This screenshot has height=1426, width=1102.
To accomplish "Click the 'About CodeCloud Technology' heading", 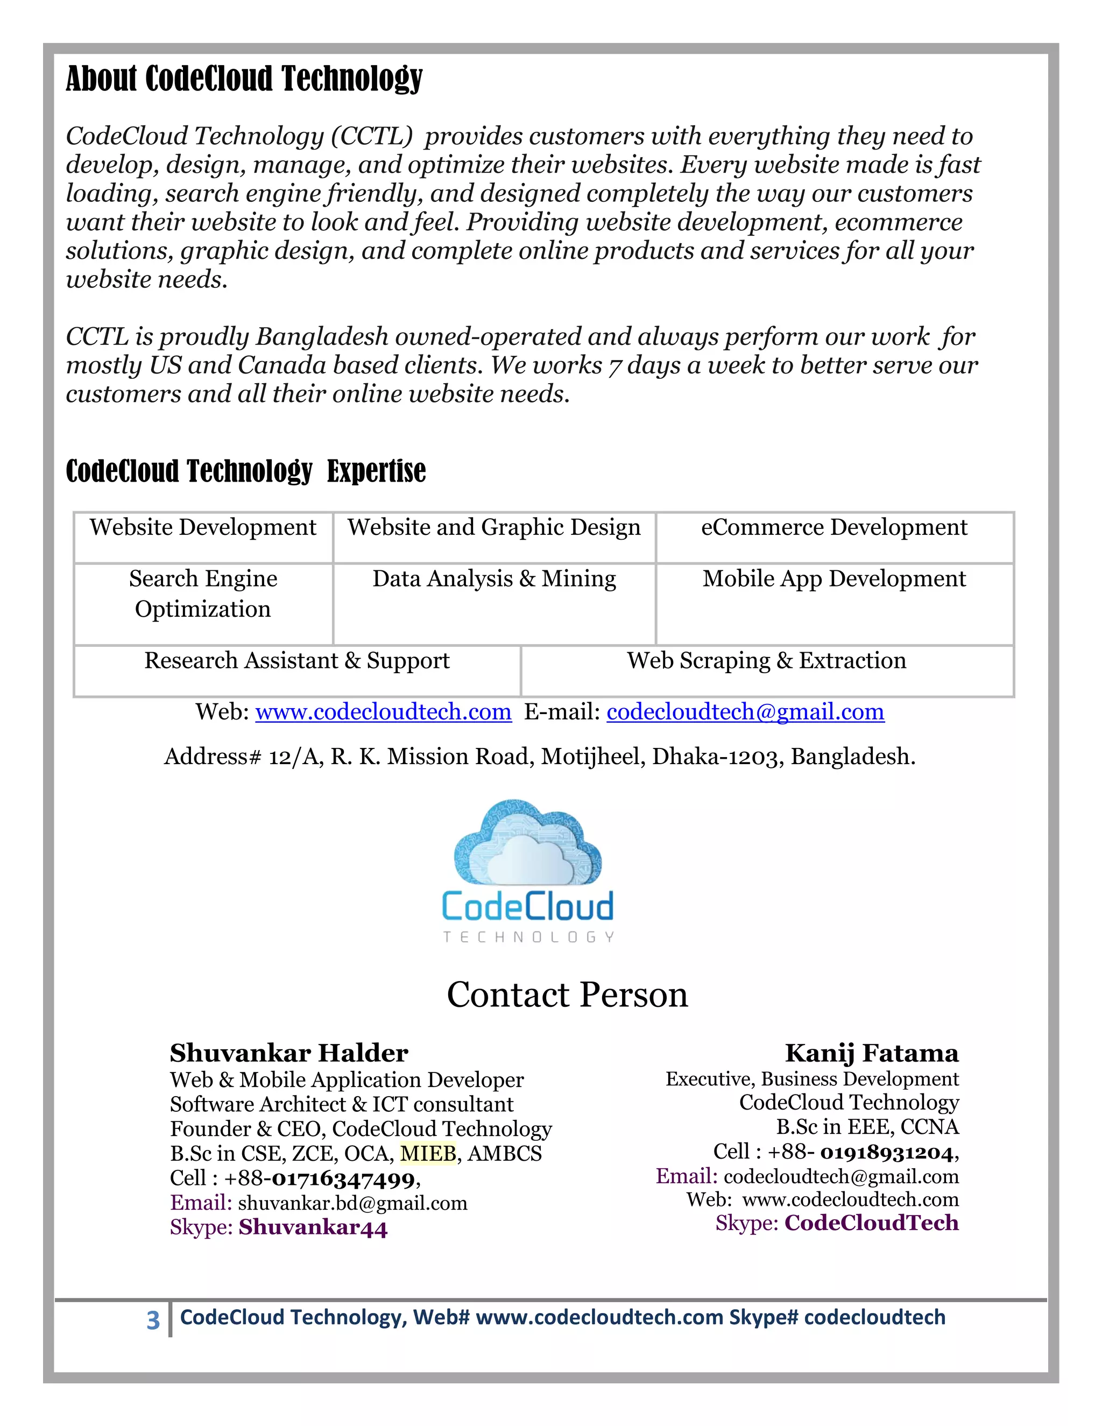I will (244, 79).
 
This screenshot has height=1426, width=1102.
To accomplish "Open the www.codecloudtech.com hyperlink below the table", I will (383, 712).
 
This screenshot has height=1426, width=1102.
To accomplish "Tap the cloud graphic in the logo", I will (527, 842).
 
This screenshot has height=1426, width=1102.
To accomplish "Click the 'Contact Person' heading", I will (567, 995).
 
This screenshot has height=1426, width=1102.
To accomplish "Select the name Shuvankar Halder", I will (288, 1053).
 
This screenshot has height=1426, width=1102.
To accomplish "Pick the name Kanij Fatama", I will (871, 1053).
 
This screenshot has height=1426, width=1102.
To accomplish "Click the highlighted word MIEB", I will (428, 1154).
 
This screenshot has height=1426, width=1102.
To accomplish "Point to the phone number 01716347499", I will (343, 1179).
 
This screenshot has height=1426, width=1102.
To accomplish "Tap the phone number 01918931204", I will (887, 1153).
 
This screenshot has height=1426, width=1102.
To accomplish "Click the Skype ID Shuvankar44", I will (313, 1228).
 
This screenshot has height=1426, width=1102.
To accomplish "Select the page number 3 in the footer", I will (153, 1320).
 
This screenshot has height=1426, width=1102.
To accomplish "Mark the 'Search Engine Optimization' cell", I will (202, 594).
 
